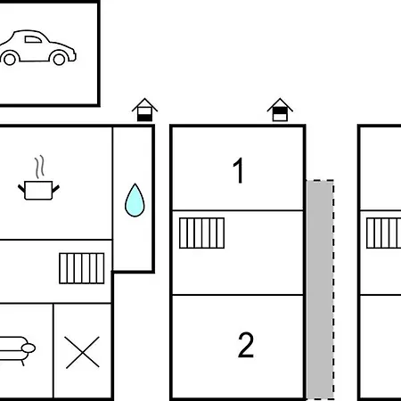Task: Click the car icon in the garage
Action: pos(38,47)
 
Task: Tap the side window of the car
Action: pos(33,39)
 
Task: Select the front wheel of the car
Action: pos(59,59)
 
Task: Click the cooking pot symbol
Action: pos(38,190)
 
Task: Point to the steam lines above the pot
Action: pos(39,167)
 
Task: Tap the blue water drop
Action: pos(135,200)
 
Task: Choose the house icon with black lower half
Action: pos(144,110)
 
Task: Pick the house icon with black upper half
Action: pos(280,110)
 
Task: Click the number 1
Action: pos(239,170)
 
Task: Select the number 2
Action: pos(246,345)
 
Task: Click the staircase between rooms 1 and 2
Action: pos(201,233)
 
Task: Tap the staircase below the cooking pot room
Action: pos(82,268)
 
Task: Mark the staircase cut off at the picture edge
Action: pos(383,233)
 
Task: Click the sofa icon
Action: pos(16,350)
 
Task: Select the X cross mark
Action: pos(82,352)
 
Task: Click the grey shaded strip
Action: pos(320,290)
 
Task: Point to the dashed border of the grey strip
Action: pos(333,290)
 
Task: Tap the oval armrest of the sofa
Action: pos(29,348)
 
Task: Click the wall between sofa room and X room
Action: pos(53,350)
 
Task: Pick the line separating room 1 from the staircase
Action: pos(238,210)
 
